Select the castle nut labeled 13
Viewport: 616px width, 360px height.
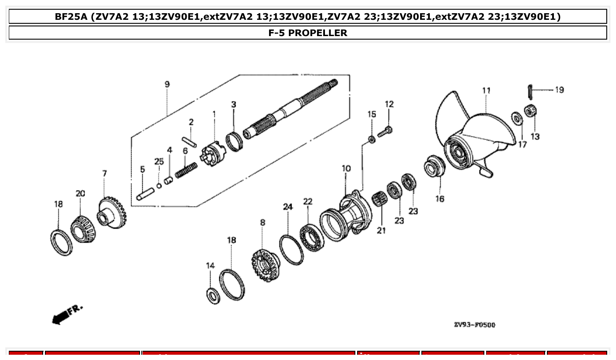coord(530,111)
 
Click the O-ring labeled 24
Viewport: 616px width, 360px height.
coord(291,250)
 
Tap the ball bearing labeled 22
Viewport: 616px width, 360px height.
coord(311,238)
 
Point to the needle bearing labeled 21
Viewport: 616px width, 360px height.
coord(380,200)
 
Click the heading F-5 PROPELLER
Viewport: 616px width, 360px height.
coord(308,33)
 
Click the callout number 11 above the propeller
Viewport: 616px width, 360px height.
coord(486,91)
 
